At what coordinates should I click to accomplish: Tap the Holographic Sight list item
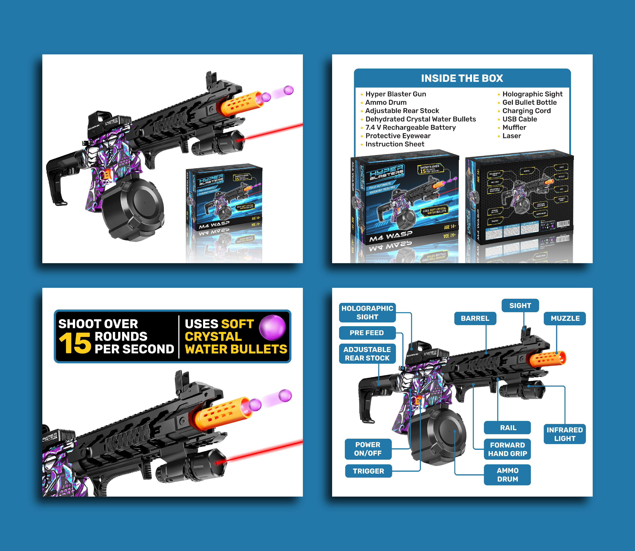[532, 94]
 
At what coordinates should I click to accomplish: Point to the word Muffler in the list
[514, 128]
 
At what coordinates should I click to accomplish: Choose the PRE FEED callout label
[367, 333]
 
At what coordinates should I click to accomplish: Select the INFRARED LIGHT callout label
[564, 434]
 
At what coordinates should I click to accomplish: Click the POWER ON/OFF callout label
[368, 449]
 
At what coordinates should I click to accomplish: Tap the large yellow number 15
[75, 343]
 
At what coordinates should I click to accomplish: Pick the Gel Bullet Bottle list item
[529, 102]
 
